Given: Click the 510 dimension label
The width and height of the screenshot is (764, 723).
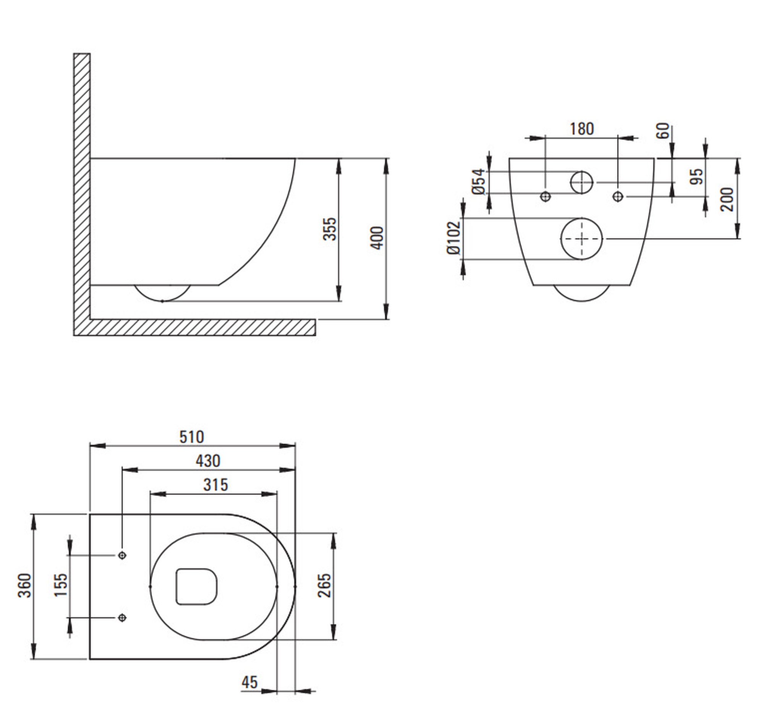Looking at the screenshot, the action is tap(192, 437).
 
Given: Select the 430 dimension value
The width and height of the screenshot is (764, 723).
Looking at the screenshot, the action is tap(208, 461).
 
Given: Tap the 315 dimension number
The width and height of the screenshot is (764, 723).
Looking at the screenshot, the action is tap(215, 485).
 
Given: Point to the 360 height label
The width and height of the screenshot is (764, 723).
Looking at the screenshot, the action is tap(25, 586).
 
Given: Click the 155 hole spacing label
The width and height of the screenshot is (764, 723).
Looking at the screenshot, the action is tap(60, 586).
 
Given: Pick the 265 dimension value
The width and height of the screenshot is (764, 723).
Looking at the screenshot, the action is tap(324, 586).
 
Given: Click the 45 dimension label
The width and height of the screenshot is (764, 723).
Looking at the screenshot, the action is tap(249, 683).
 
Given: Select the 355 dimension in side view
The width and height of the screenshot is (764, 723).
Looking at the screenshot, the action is tap(330, 229).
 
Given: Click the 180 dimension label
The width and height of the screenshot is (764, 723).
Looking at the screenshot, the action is tap(582, 129).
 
